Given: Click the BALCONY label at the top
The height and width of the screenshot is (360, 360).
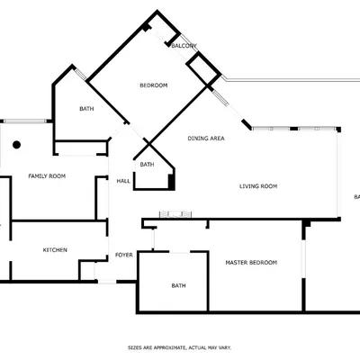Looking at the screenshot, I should [184, 46].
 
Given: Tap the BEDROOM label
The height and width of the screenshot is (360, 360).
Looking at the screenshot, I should [153, 85].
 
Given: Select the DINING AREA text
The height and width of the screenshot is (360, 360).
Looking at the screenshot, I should [206, 138].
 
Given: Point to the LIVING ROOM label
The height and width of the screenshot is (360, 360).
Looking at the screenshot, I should [257, 186].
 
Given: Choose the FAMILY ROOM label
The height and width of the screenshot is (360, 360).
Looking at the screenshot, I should [46, 175].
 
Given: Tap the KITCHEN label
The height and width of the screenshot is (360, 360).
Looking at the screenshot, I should [56, 249].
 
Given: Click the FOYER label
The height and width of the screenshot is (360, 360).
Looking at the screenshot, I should [124, 255].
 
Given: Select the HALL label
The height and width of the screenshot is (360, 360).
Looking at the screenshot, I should [124, 181].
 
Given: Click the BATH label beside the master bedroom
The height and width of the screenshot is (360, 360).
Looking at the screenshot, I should [178, 286].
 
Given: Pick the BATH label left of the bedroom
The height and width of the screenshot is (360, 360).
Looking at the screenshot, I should [86, 109].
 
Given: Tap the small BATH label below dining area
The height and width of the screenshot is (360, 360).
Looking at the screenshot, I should [147, 164].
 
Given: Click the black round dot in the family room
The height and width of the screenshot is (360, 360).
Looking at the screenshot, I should [16, 144].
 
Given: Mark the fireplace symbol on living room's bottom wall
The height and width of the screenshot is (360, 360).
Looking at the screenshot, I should [175, 214].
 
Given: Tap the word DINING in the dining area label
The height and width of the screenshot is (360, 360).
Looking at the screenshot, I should [197, 138].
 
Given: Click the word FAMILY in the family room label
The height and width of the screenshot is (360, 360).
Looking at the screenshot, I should [39, 175].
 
